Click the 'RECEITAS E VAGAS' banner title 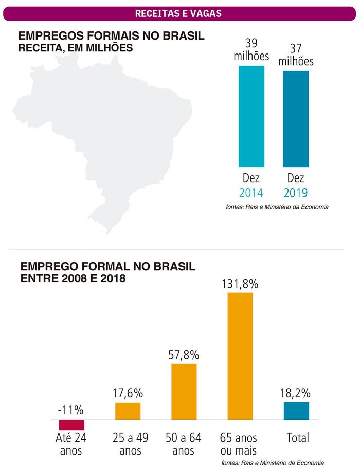178,13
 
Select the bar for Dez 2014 251,116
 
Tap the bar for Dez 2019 296,119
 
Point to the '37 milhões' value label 296,55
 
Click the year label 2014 251,193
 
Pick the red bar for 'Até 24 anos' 71,424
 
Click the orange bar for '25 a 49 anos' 128,411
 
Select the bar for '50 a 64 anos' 184,391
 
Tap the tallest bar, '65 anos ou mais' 240,356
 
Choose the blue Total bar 296,411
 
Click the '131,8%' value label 240,284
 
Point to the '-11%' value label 71,410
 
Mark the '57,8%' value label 184,355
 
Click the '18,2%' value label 296,393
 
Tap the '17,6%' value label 128,393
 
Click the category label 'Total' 297,438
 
